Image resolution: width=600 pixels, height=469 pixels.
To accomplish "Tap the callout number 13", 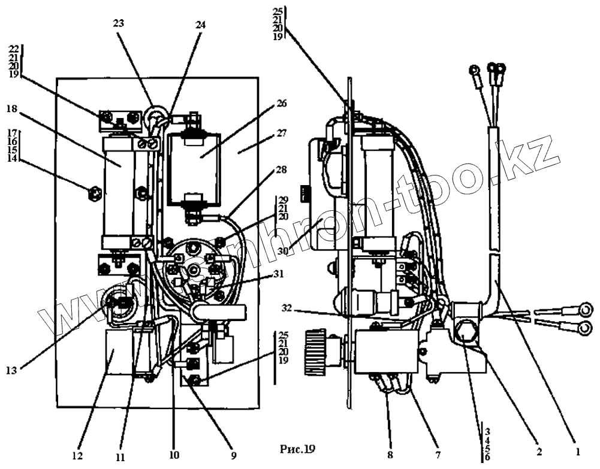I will click(x=11, y=371).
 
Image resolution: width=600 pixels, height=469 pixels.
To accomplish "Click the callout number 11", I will click(x=120, y=456).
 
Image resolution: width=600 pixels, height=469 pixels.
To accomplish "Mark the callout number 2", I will click(x=538, y=450).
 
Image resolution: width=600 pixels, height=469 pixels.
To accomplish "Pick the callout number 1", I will click(x=577, y=450).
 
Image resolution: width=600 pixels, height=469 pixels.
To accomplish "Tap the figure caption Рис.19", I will click(x=297, y=449).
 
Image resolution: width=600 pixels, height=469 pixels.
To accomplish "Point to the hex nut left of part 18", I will click(x=93, y=193).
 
